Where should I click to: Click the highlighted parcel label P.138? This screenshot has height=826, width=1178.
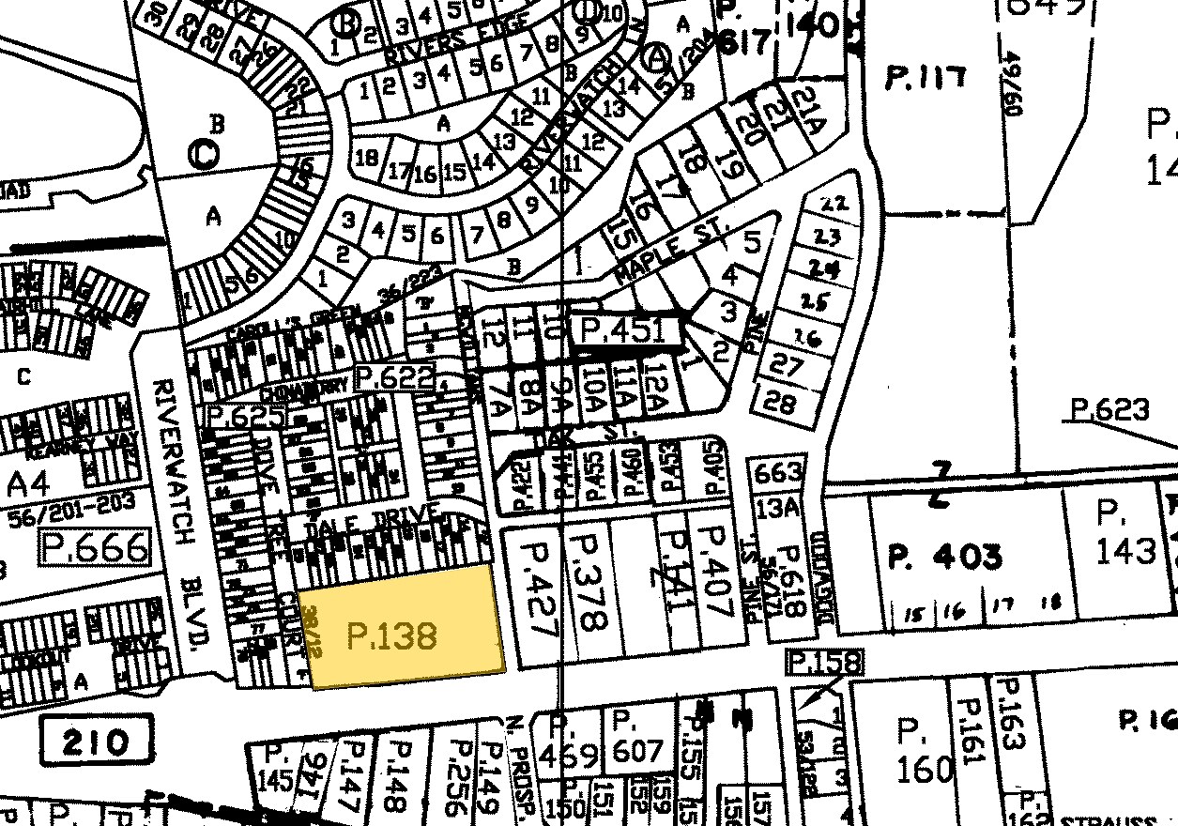(x=392, y=635)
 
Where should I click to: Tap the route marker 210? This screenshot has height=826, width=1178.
(x=98, y=743)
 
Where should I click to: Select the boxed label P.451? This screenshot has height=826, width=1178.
(x=624, y=330)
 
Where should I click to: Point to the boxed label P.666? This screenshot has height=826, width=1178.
(x=95, y=546)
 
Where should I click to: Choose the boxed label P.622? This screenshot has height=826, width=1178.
(x=396, y=378)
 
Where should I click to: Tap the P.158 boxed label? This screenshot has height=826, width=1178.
(x=823, y=663)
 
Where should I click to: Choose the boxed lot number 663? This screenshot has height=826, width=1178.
(x=778, y=471)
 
